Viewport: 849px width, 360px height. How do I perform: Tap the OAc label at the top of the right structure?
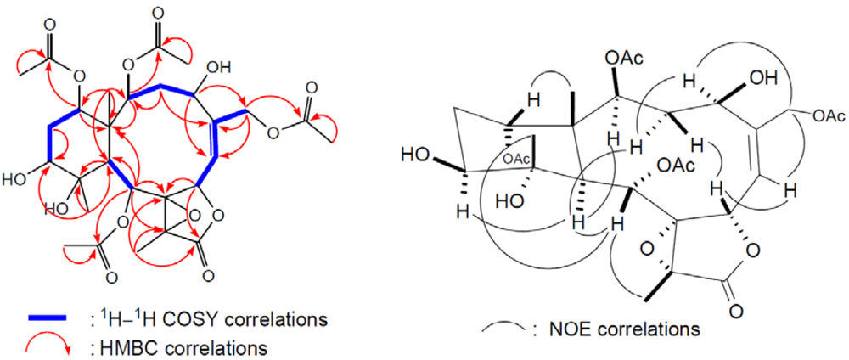coord(622,59)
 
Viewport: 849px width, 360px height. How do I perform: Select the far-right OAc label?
coord(820,115)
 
